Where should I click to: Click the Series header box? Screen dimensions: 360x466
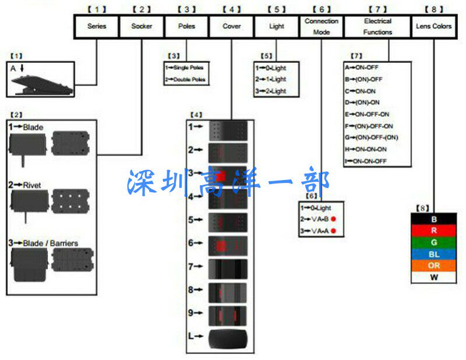point(97,26)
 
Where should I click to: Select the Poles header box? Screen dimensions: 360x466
point(186,26)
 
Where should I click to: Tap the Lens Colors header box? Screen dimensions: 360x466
point(434,26)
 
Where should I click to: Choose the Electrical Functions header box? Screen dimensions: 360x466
point(377,26)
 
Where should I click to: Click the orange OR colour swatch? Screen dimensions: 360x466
point(434,266)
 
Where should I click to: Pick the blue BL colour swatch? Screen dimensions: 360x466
point(434,253)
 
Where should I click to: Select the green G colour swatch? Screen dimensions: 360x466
point(434,242)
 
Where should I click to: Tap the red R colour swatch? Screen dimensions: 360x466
point(434,230)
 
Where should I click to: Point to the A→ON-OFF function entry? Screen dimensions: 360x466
point(362,67)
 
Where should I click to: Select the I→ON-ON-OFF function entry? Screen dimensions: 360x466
point(367,160)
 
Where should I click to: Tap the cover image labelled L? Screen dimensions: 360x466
point(228,337)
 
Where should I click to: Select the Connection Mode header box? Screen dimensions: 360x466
point(321,26)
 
